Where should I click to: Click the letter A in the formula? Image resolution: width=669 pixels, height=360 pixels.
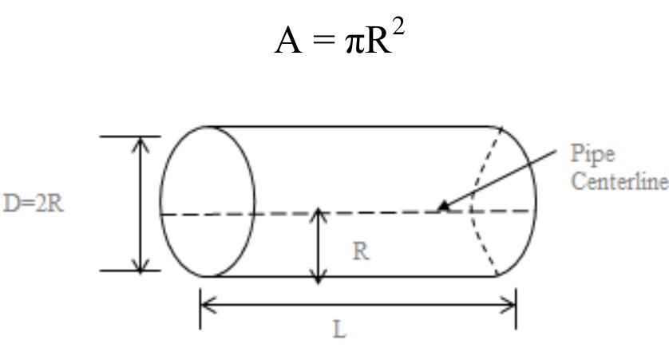[288, 40]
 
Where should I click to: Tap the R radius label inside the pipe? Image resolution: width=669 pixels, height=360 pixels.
[361, 251]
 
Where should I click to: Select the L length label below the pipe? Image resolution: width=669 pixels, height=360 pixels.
[340, 329]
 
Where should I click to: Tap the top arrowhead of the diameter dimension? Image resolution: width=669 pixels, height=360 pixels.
[141, 143]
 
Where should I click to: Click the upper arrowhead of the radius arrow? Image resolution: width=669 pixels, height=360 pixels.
[319, 216]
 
